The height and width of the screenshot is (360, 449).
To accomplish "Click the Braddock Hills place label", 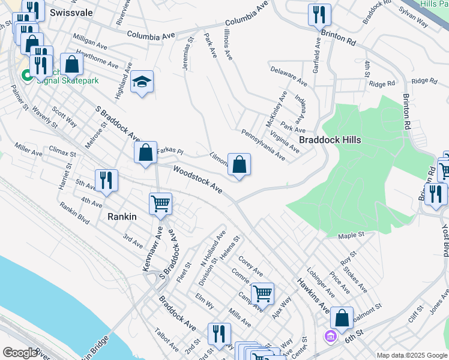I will pyautogui.click(x=330, y=139).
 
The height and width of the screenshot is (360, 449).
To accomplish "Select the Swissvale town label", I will pyautogui.click(x=71, y=13).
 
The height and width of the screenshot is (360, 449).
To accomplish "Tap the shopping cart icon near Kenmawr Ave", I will pyautogui.click(x=160, y=203).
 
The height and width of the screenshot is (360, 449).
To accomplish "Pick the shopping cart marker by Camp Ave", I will pyautogui.click(x=262, y=293).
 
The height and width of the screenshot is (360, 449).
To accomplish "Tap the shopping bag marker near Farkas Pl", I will pyautogui.click(x=145, y=152).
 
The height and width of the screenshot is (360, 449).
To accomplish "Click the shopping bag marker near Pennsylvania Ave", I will pyautogui.click(x=239, y=164).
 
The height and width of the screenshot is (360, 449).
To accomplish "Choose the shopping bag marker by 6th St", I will pyautogui.click(x=342, y=318).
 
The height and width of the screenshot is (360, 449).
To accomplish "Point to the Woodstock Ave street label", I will pyautogui.click(x=197, y=179).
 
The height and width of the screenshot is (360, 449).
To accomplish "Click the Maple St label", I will pyautogui.click(x=351, y=235).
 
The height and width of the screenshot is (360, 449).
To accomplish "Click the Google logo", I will pyautogui.click(x=19, y=353).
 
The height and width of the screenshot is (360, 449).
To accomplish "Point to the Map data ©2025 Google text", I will pyautogui.click(x=412, y=355).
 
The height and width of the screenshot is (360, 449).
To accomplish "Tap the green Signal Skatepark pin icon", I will pyautogui.click(x=26, y=76).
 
